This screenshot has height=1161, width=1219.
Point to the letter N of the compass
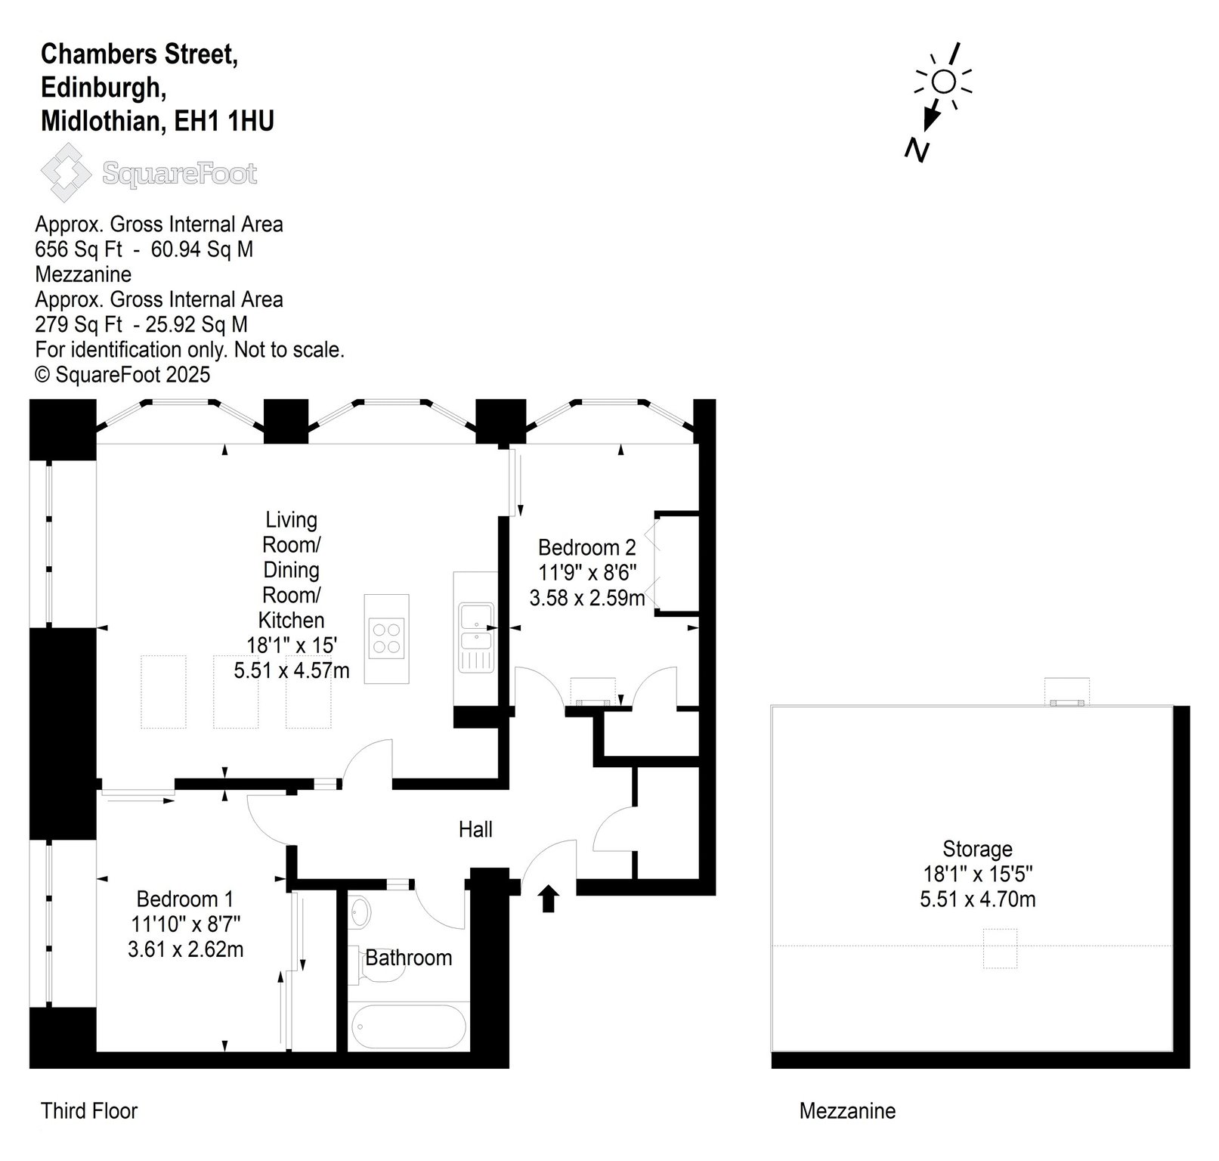tap(917, 150)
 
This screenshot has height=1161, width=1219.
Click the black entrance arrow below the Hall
tap(549, 899)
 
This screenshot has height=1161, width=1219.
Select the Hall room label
tap(475, 830)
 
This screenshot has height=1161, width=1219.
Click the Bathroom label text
tap(409, 958)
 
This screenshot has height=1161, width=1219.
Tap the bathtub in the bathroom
tap(409, 1026)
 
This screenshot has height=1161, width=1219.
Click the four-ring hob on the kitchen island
tap(388, 636)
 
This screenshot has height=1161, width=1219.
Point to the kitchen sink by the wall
tap(475, 626)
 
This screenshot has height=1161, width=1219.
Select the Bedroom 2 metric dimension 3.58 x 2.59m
tap(587, 599)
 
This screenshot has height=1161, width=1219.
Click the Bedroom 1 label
tap(185, 899)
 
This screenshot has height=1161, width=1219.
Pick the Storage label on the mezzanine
tap(977, 849)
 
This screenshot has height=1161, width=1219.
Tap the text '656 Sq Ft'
tap(79, 249)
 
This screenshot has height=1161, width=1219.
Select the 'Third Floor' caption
tap(89, 1111)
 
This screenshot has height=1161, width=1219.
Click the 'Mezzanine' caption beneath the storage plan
tap(847, 1111)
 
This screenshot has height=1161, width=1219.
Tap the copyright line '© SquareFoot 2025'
tap(123, 375)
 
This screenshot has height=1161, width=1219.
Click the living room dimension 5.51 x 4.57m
tap(292, 670)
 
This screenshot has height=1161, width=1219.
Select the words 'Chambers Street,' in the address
tap(140, 54)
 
